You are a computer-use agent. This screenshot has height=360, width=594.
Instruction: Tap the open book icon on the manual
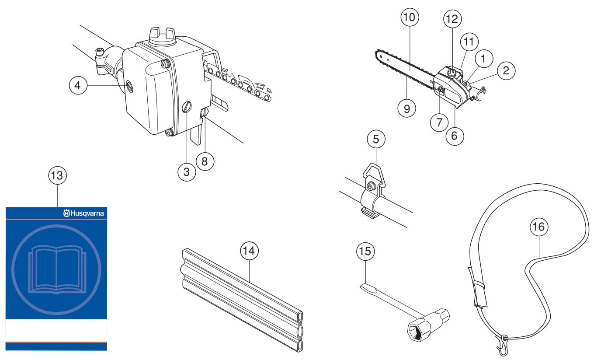click(56, 266)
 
